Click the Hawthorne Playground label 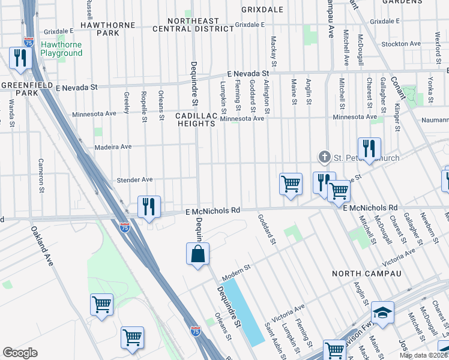pos(61,49)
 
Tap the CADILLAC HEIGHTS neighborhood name pos(196,119)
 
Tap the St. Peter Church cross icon pos(325,158)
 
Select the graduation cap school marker pos(382,313)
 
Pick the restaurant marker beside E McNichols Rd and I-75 pos(148,207)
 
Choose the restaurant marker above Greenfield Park pos(20,58)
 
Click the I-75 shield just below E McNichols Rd pos(124,227)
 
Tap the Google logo pos(20,352)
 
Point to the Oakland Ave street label pos(41,247)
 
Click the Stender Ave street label pos(135,179)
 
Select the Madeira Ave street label pos(113,146)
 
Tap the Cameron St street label pos(41,170)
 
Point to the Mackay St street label pos(274,51)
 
